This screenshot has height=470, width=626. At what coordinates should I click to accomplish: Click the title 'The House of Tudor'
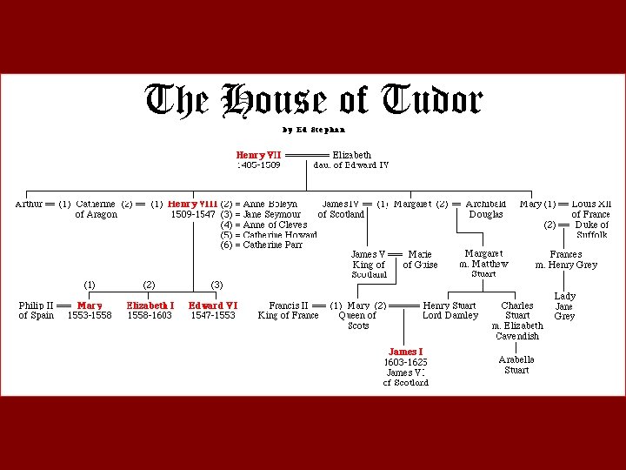coord(313,101)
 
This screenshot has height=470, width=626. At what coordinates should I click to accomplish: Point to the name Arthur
coord(31,205)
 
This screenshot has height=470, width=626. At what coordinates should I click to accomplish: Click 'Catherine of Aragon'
coord(96,209)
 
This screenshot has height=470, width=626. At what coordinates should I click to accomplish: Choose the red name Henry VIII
coord(192,205)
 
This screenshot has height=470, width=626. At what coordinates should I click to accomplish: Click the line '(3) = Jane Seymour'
coord(261,214)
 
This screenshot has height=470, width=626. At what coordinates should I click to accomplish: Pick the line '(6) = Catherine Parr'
coord(262,245)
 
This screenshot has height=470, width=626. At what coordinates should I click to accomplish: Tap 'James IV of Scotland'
coord(340,209)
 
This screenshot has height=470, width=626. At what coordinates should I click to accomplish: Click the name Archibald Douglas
coord(485,209)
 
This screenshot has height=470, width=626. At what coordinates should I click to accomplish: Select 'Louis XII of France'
coord(590,209)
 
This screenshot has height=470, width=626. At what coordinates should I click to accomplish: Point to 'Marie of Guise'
coord(420,259)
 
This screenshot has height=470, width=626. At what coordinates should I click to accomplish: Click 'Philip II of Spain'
coord(36,311)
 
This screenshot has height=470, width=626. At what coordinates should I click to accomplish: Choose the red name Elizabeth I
coord(150,306)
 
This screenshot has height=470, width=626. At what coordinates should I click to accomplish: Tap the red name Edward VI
coord(213,306)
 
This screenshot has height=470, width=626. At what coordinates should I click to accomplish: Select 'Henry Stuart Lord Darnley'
coord(450,311)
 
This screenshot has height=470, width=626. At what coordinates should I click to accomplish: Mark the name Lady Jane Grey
coord(564,306)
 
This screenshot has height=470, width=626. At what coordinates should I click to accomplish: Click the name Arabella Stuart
coord(516,365)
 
